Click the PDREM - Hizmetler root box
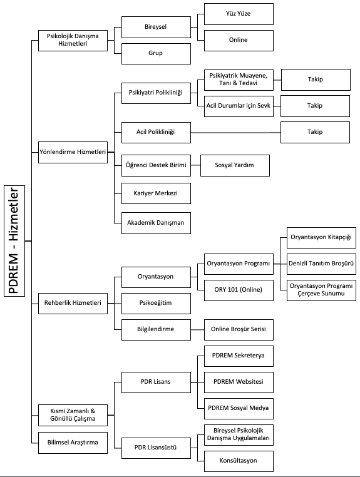coord(14,240)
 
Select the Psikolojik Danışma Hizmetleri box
coord(73,41)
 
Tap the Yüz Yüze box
coord(239,14)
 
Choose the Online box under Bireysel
coord(239,41)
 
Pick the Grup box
coord(156,54)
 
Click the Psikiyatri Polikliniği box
coord(156,93)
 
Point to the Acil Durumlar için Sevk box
coord(239,106)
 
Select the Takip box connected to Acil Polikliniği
coord(315,132)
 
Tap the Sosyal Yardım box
coord(235,165)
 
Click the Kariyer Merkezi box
coord(156,193)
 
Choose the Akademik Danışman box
coord(156,223)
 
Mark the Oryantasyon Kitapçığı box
coord(321,238)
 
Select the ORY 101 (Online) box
coord(239,290)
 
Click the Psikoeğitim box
coord(156,304)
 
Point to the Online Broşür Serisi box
coord(239,330)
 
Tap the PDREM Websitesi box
coord(239,382)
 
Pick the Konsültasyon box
coord(239,461)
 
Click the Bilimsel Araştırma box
coord(73,443)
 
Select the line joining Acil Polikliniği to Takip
coord(235,133)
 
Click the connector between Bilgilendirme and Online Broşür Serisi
coord(197,330)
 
